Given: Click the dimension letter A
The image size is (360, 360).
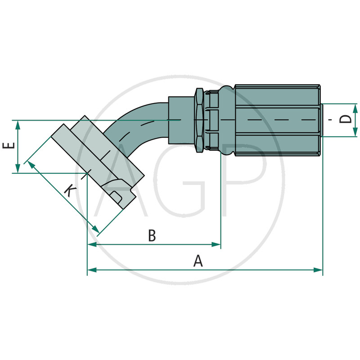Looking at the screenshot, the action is (x=198, y=261).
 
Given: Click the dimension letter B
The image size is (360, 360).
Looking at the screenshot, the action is (x=152, y=235).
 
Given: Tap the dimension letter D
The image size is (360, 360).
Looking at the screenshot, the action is (x=346, y=119).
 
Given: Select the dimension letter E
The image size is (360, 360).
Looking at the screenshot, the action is (x=9, y=145).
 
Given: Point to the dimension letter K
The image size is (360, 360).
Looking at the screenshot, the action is (x=70, y=191).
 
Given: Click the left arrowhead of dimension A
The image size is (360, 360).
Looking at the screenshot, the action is (x=92, y=270).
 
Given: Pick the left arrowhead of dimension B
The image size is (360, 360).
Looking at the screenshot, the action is (x=92, y=244).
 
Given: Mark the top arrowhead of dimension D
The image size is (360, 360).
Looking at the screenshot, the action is (x=355, y=108).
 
